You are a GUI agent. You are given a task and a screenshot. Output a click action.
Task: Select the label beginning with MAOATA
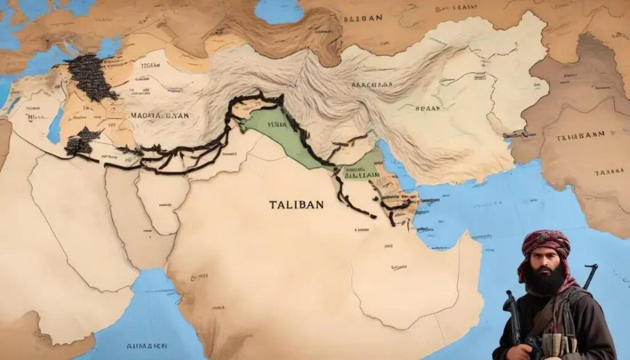click(159, 115)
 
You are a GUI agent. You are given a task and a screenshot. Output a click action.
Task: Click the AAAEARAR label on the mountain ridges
click(374, 86)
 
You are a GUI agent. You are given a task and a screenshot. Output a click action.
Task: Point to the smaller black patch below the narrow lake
click(83, 142)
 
